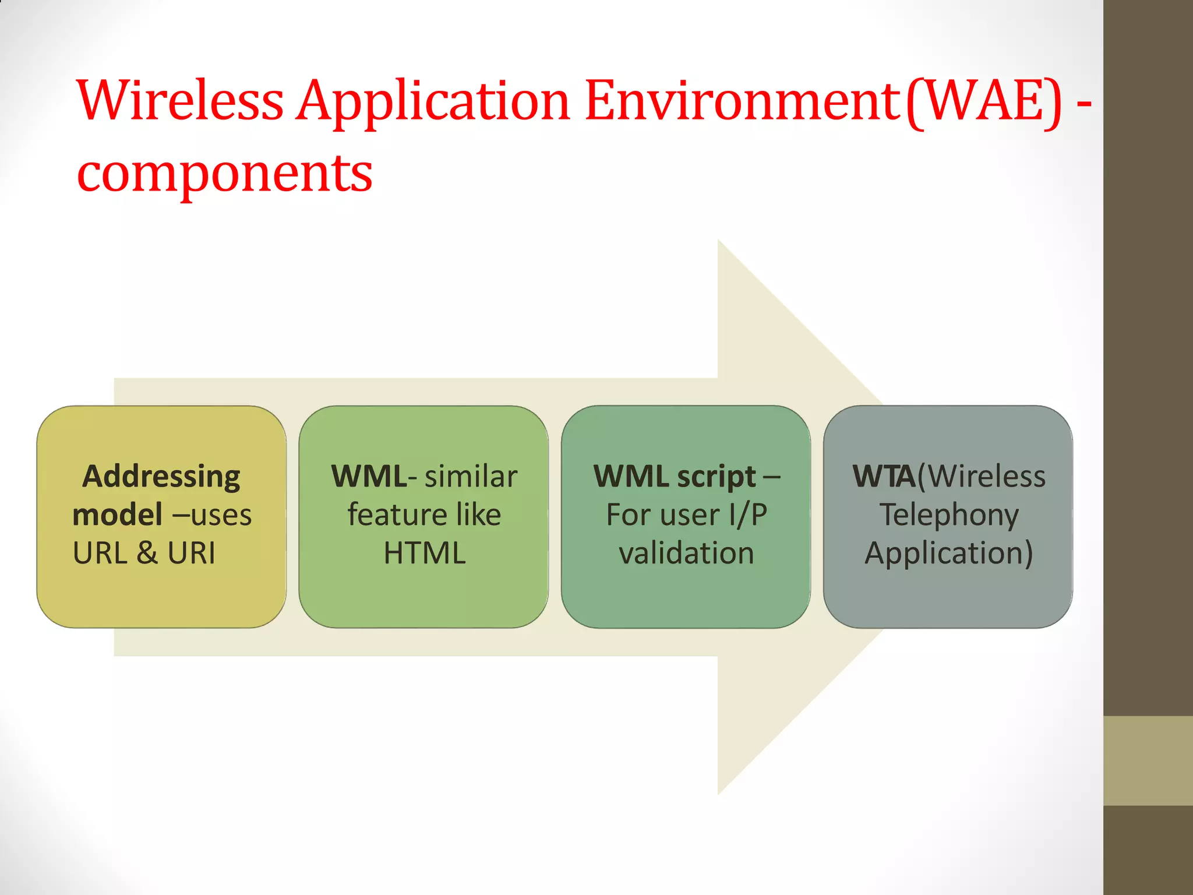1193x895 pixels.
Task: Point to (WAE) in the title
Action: coord(984,102)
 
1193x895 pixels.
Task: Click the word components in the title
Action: coord(225,173)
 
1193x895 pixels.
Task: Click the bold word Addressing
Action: coord(161,477)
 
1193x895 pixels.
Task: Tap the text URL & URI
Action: coord(144,553)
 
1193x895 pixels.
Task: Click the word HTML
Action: coord(425,553)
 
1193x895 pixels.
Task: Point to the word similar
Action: coord(471,477)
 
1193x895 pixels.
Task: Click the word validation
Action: coord(686,553)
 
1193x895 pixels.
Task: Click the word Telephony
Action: coord(949,515)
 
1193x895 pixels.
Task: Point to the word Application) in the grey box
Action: coord(949,553)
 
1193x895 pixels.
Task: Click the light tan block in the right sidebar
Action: coord(1148,760)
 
